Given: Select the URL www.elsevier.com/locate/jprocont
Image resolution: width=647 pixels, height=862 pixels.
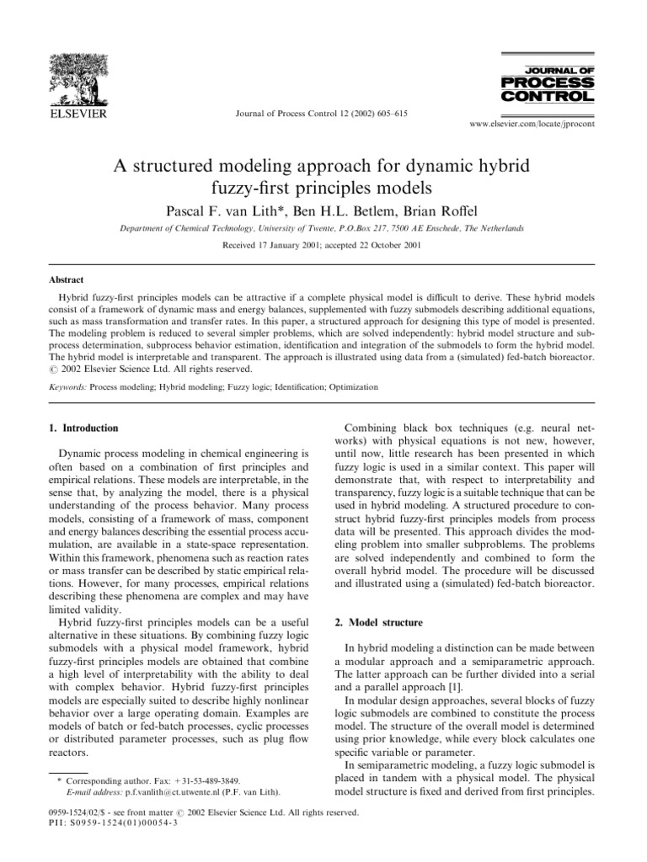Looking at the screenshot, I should pyautogui.click(x=526, y=123).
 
